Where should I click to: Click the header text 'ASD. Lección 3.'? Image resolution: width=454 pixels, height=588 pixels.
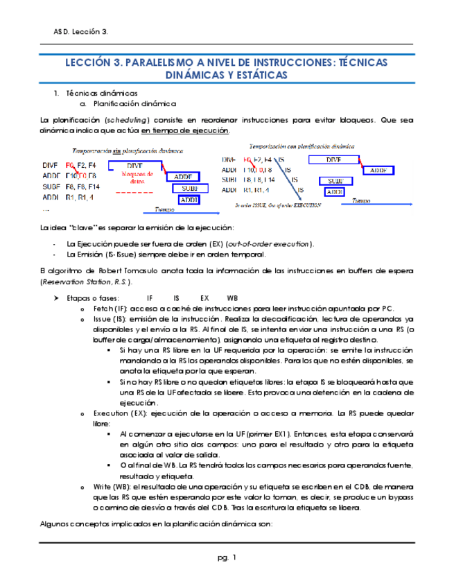(80, 33)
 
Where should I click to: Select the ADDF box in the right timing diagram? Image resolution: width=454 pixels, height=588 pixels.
(378, 170)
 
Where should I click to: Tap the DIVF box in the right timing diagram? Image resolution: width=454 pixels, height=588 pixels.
(333, 160)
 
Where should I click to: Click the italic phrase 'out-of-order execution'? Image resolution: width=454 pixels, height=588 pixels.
(270, 244)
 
